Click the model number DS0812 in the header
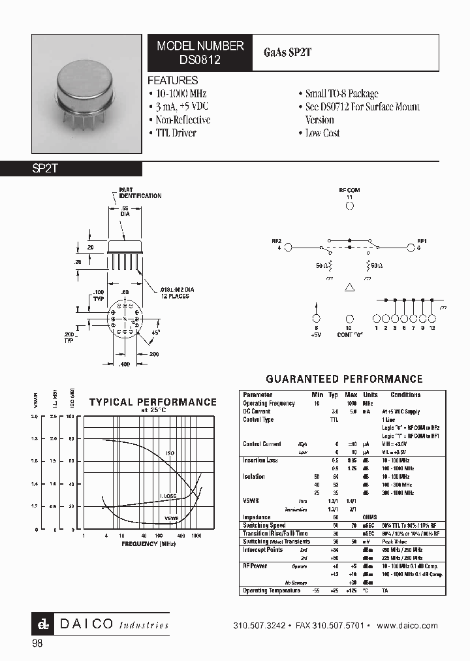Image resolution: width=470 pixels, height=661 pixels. (x=200, y=59)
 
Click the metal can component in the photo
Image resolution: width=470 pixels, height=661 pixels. (x=87, y=84)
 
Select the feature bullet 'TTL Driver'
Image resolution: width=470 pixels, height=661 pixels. (x=176, y=133)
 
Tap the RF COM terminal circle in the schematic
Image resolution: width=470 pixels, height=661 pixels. (x=349, y=205)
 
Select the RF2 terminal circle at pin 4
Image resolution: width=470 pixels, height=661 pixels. (x=287, y=248)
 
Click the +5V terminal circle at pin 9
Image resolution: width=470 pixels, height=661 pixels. (x=317, y=318)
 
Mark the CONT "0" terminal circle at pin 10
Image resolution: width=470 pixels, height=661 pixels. (x=349, y=318)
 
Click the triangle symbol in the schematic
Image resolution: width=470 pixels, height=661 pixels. (x=349, y=287)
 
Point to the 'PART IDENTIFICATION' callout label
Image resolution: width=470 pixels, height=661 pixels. (x=140, y=193)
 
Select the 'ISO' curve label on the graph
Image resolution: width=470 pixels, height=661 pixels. (x=170, y=452)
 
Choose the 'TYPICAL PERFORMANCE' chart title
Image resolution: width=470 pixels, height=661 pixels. (x=153, y=402)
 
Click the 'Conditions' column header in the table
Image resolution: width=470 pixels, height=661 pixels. (x=405, y=395)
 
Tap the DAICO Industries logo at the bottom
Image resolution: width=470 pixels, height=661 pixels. (x=101, y=624)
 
